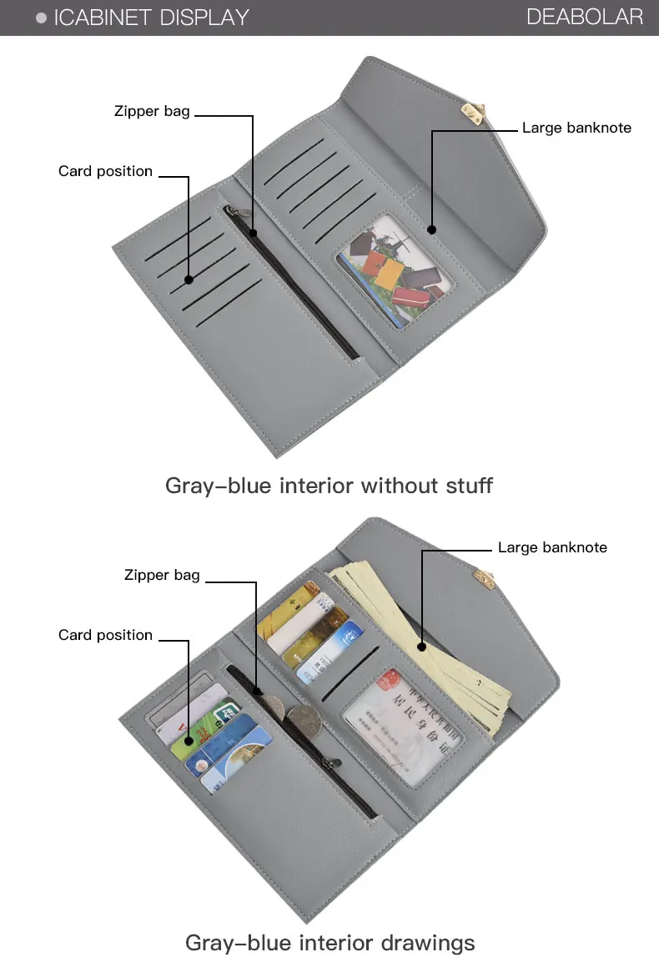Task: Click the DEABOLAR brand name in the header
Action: coord(585,17)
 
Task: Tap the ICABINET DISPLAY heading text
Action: coord(151,17)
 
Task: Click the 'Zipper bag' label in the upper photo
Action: coord(152,111)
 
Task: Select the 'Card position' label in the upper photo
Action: coord(105,171)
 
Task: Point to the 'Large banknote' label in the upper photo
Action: coord(576,128)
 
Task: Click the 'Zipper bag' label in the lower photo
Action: coord(162,575)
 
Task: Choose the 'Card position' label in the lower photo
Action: coord(105,635)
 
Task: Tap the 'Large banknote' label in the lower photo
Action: coord(552,547)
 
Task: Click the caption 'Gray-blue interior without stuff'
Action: coord(329,485)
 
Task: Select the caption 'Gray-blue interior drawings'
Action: coord(329,943)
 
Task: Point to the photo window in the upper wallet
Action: coord(392,269)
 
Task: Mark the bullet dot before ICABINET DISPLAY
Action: coord(41,18)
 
